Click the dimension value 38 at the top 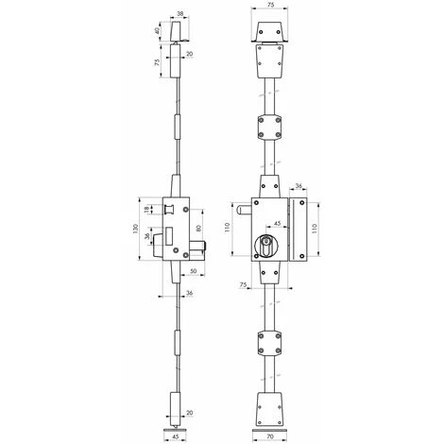[179, 14]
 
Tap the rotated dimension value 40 [158, 31]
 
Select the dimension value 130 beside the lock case [135, 229]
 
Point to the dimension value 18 [146, 210]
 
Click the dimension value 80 [198, 228]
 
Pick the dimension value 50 [193, 271]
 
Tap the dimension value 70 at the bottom [270, 436]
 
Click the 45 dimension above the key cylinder [277, 223]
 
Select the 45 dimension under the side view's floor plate [176, 436]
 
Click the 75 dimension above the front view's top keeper [270, 5]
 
